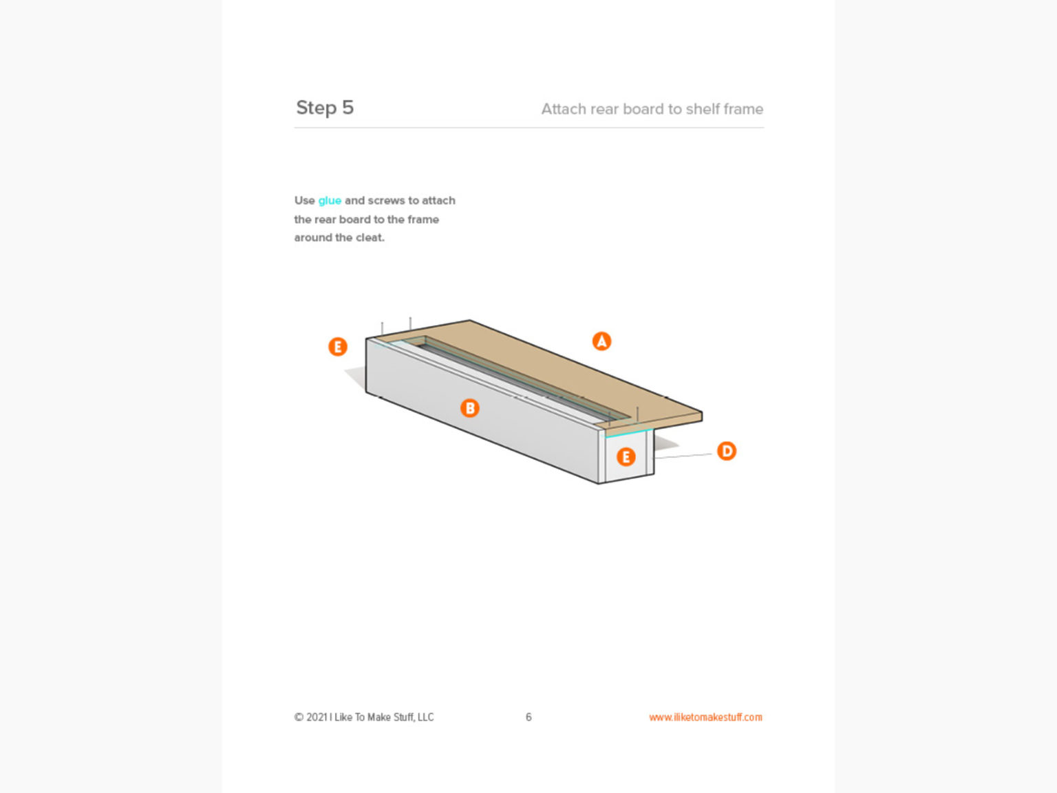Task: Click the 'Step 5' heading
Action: tap(325, 108)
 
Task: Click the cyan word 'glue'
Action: tap(330, 201)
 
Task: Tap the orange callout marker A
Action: tap(601, 341)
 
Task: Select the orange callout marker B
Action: tap(469, 408)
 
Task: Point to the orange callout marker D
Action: tap(727, 451)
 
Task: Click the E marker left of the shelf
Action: tap(337, 346)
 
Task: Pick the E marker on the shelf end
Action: tap(626, 456)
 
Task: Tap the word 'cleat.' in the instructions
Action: tap(370, 238)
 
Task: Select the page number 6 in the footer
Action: tap(528, 717)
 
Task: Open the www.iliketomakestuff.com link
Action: tap(705, 717)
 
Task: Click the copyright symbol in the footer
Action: tap(299, 717)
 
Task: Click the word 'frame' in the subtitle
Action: tap(743, 109)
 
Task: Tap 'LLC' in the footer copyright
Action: tap(425, 717)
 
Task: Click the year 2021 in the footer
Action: tap(317, 717)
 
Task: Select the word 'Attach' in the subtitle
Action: tap(562, 109)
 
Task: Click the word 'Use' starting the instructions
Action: tap(304, 201)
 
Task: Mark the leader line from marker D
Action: tap(683, 455)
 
